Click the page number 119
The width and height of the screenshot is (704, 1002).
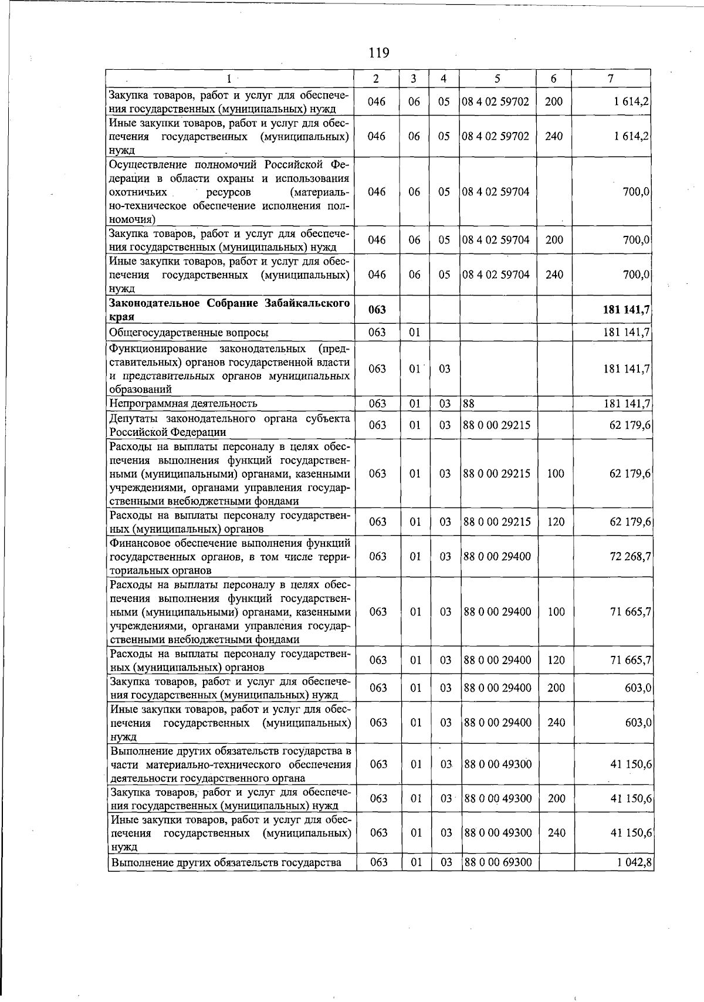(379, 53)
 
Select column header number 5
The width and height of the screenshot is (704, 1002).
(497, 79)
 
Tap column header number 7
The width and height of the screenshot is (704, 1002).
(611, 79)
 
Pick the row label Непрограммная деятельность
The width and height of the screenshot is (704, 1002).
(184, 404)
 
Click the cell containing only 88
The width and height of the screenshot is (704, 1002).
(468, 404)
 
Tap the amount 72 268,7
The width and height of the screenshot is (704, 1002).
(630, 556)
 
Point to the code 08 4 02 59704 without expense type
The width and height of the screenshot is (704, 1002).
(496, 192)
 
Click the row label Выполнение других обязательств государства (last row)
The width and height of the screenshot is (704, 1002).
(226, 862)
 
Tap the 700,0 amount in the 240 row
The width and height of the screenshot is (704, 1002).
(637, 275)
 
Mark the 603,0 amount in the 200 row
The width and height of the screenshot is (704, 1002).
(638, 688)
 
